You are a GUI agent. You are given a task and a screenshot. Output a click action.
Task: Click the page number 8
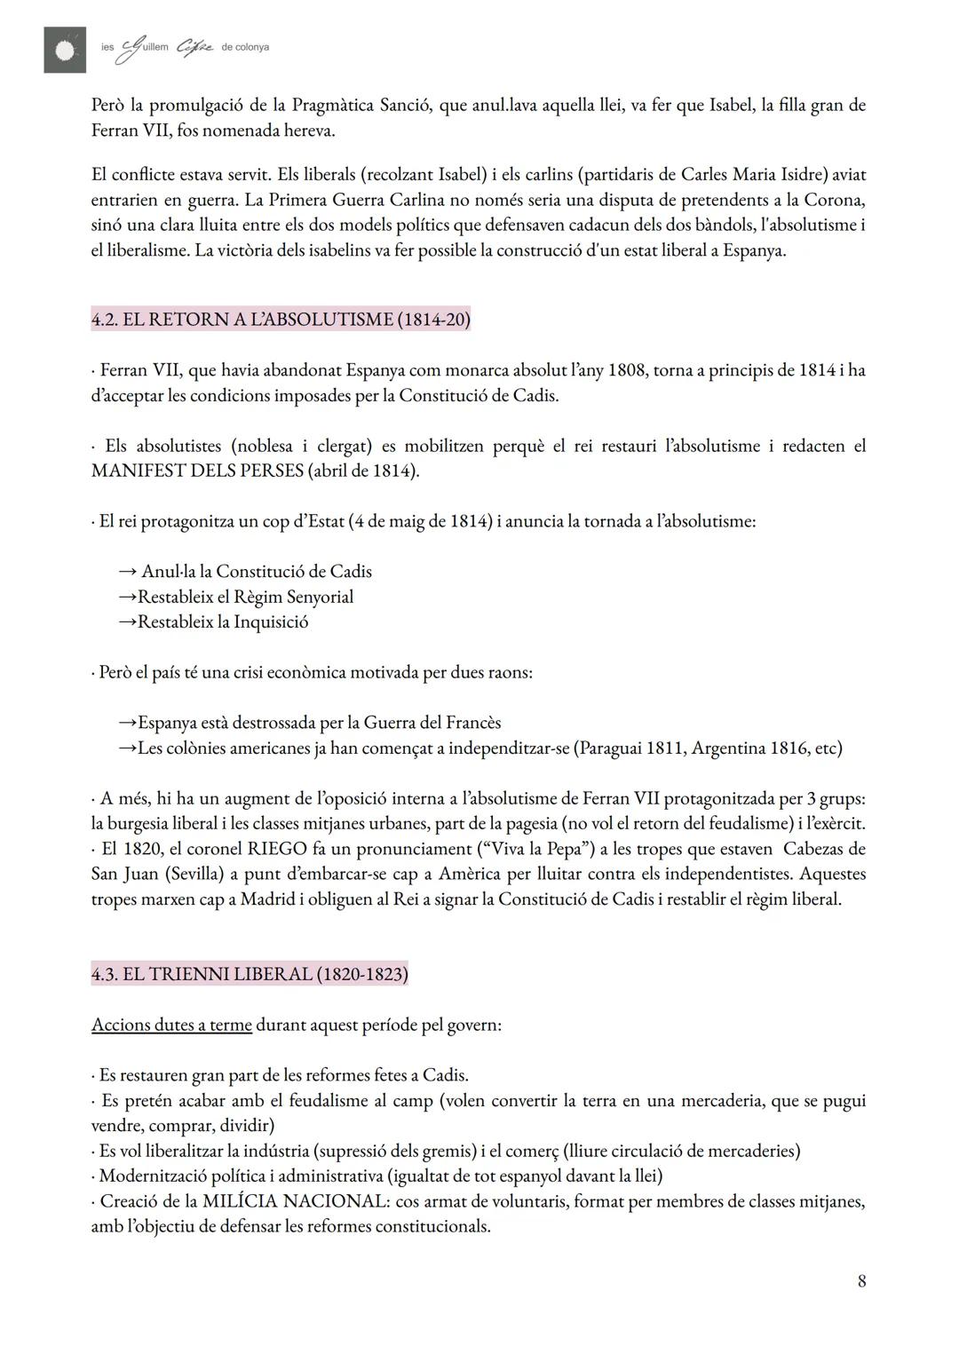coord(861,1280)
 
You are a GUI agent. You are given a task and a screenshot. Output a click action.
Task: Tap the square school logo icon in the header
coord(65,50)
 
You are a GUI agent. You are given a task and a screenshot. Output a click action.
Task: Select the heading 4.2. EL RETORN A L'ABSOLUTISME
coord(281,320)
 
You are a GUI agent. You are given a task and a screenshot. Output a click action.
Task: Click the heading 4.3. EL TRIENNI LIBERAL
coord(250,974)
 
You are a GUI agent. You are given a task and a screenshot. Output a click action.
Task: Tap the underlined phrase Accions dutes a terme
coord(171,1025)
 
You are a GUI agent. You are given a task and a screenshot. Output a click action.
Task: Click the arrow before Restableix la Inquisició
coord(127,622)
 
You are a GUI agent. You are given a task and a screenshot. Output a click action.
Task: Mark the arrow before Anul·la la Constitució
coord(127,571)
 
